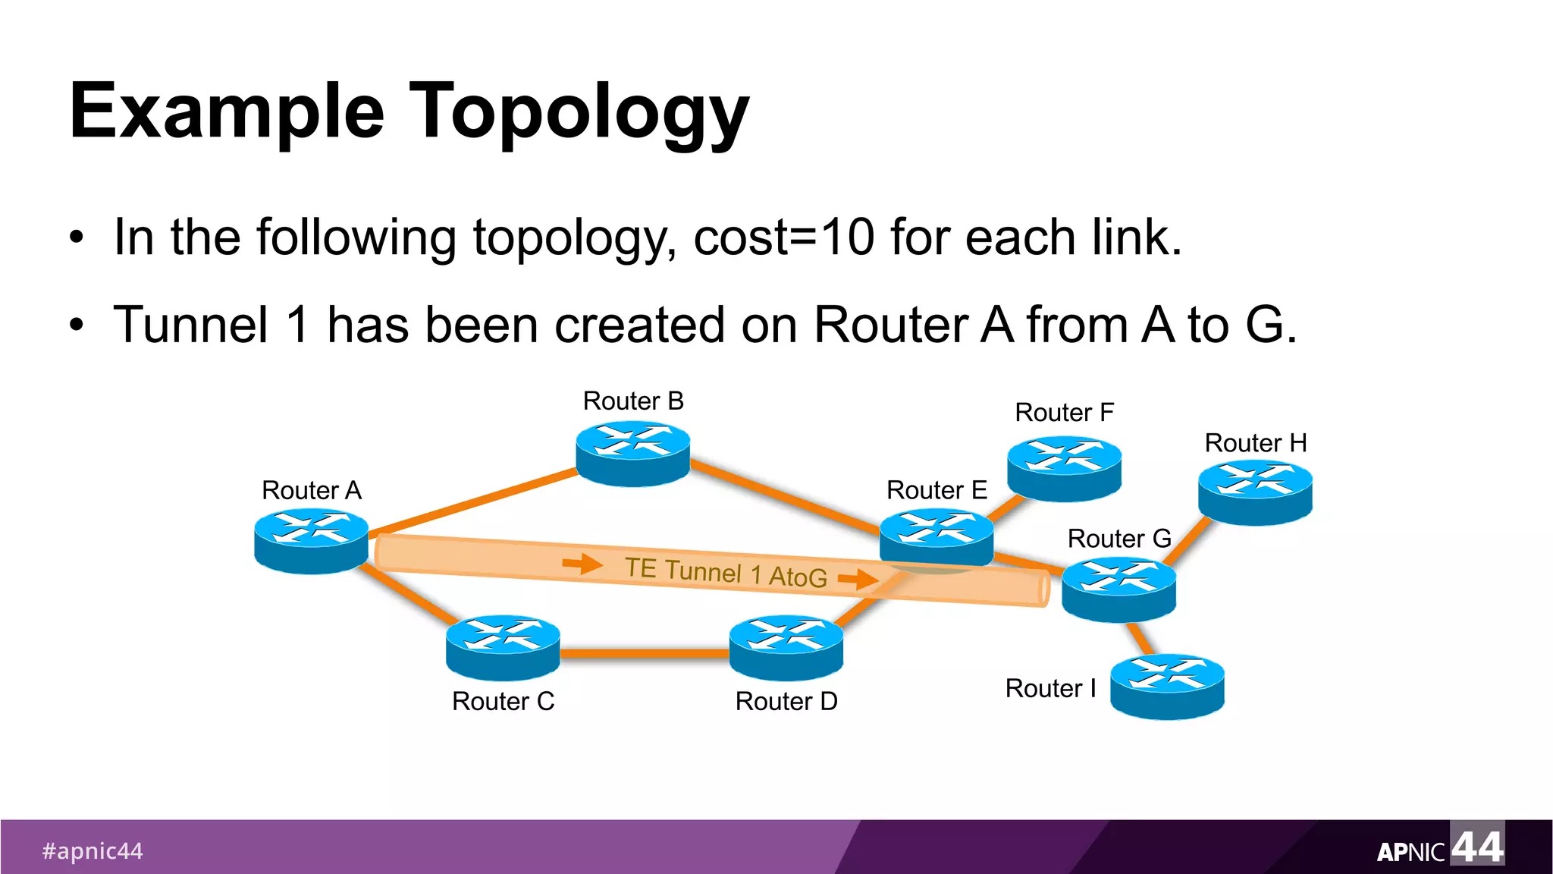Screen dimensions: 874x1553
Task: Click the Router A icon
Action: point(311,541)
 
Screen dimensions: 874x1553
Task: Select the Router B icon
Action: point(632,454)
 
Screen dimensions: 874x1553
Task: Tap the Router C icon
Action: point(503,647)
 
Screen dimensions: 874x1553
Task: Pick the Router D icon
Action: point(786,647)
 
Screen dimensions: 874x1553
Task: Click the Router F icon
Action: point(1064,468)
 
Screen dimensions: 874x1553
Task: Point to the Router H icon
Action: point(1255,493)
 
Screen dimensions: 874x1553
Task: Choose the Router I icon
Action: point(1167,686)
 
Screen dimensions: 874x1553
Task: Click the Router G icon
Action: point(1118,589)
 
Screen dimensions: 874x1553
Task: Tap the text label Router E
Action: point(937,490)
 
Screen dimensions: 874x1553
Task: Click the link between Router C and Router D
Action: point(645,652)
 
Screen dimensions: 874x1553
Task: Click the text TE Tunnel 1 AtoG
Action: point(726,572)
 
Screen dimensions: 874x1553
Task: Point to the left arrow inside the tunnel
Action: point(582,564)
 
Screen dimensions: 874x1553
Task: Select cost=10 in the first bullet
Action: point(783,237)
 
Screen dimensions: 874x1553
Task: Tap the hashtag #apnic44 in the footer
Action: point(93,850)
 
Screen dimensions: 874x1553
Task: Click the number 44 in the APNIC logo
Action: point(1476,847)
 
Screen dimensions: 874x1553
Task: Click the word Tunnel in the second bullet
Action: point(191,325)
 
